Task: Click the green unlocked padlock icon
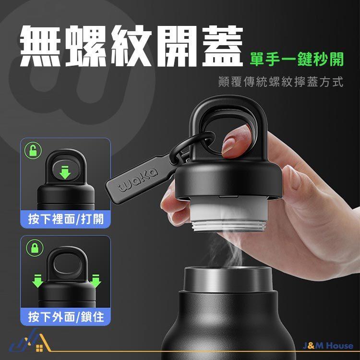[33, 150]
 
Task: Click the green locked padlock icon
[35, 248]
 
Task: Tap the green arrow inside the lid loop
[65, 171]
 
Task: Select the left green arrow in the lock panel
[37, 281]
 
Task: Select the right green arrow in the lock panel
[96, 281]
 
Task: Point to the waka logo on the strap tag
[138, 180]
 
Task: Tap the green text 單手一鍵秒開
[297, 59]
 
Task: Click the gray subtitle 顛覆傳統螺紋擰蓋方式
[281, 82]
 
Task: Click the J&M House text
[328, 346]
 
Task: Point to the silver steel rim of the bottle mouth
[228, 278]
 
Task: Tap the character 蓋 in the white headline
[222, 46]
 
